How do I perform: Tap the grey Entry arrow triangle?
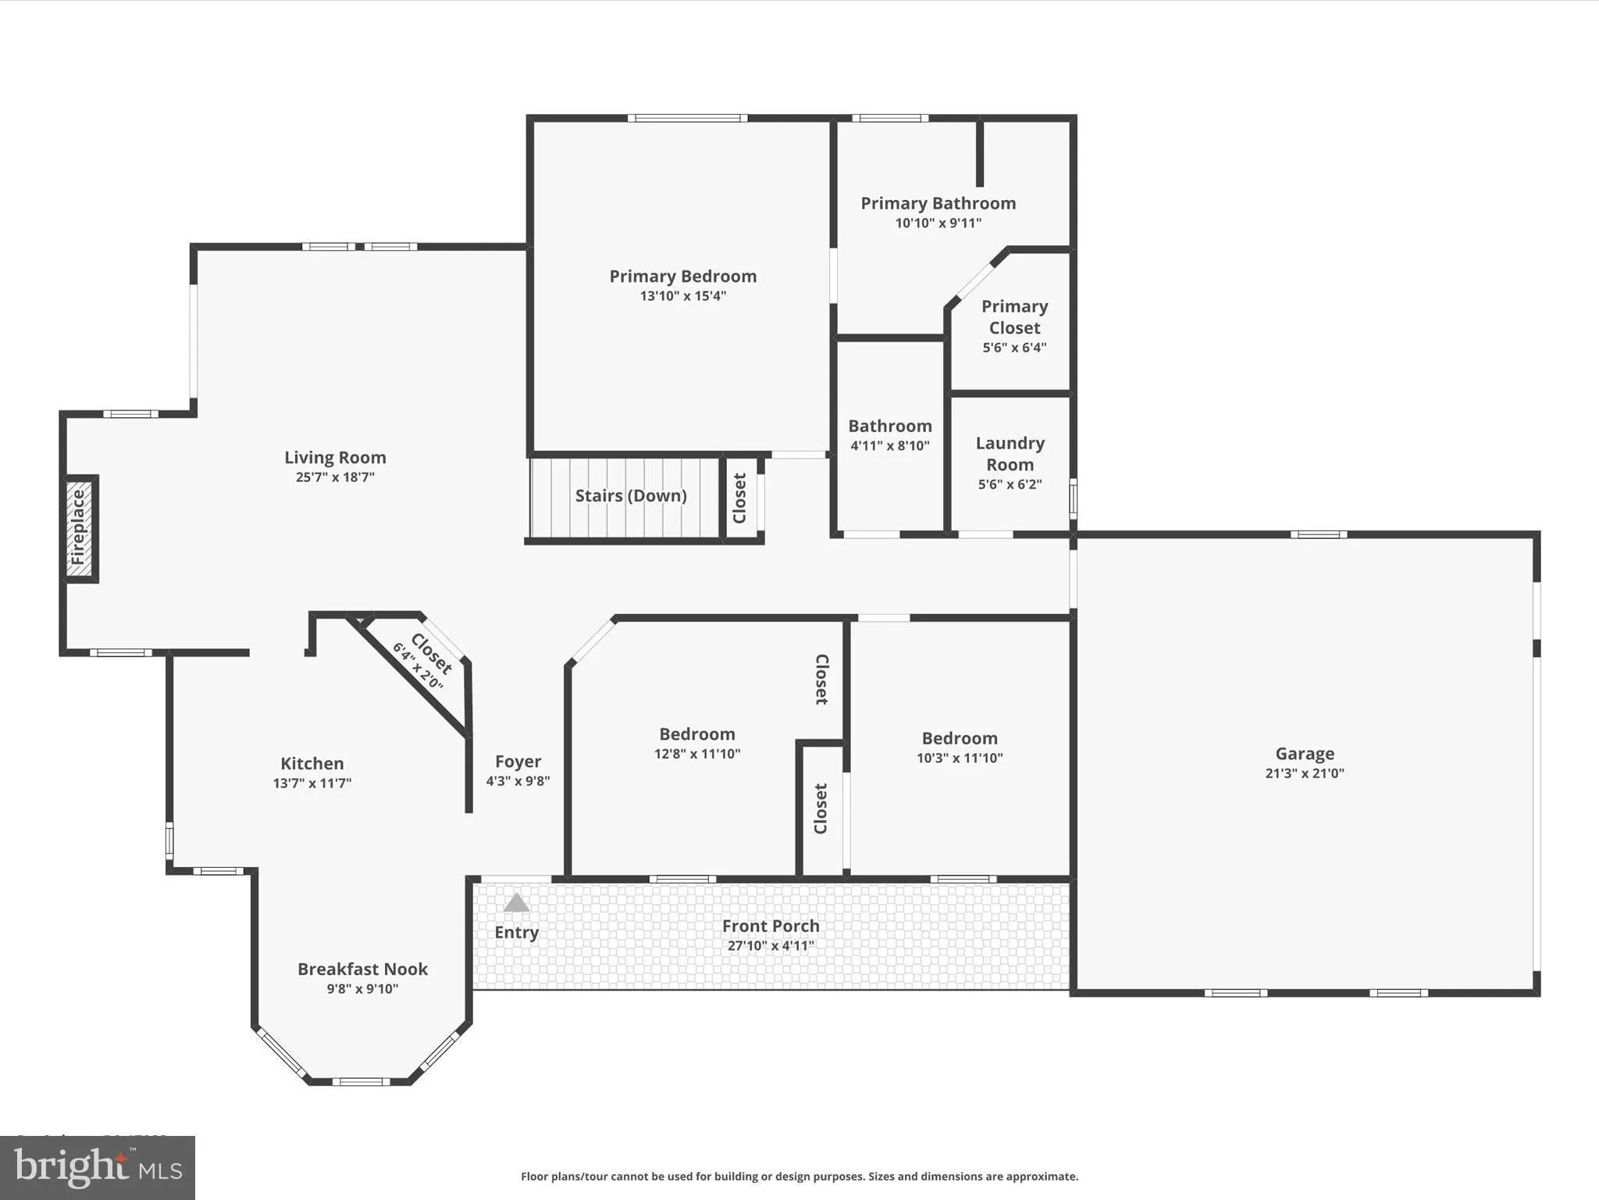[516, 904]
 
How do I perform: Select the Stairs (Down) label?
[631, 495]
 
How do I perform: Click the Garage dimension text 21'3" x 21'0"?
[1305, 773]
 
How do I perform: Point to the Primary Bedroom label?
[682, 276]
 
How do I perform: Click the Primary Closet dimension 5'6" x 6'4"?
[1014, 348]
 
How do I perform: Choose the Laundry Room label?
[1010, 454]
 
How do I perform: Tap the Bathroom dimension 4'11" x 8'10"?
[889, 446]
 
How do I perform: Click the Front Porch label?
[771, 926]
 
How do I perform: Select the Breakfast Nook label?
[362, 969]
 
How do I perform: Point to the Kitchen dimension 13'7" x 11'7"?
[312, 783]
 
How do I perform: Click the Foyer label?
[518, 761]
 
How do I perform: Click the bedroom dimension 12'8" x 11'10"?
[697, 754]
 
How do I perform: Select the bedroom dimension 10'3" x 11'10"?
[960, 758]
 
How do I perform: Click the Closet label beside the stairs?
[739, 498]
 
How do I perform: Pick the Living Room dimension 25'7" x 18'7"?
[335, 477]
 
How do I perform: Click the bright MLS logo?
[98, 1167]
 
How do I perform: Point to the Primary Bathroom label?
[938, 203]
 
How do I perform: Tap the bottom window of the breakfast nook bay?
[361, 1082]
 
